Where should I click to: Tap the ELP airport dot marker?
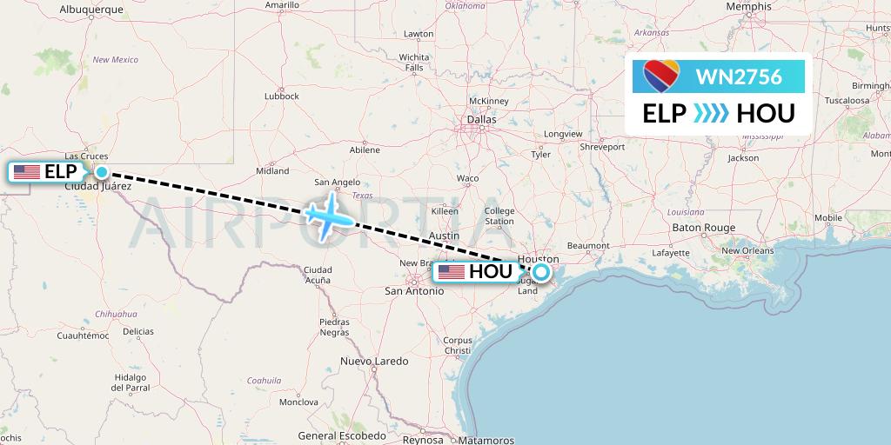[102, 172]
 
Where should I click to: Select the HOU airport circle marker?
[541, 272]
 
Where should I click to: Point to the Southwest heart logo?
[660, 76]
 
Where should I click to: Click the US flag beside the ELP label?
[27, 172]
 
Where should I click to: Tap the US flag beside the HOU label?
[452, 272]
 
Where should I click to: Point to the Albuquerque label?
[90, 9]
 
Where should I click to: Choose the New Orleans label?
[747, 250]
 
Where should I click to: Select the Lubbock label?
[282, 96]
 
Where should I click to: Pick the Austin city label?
[444, 236]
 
